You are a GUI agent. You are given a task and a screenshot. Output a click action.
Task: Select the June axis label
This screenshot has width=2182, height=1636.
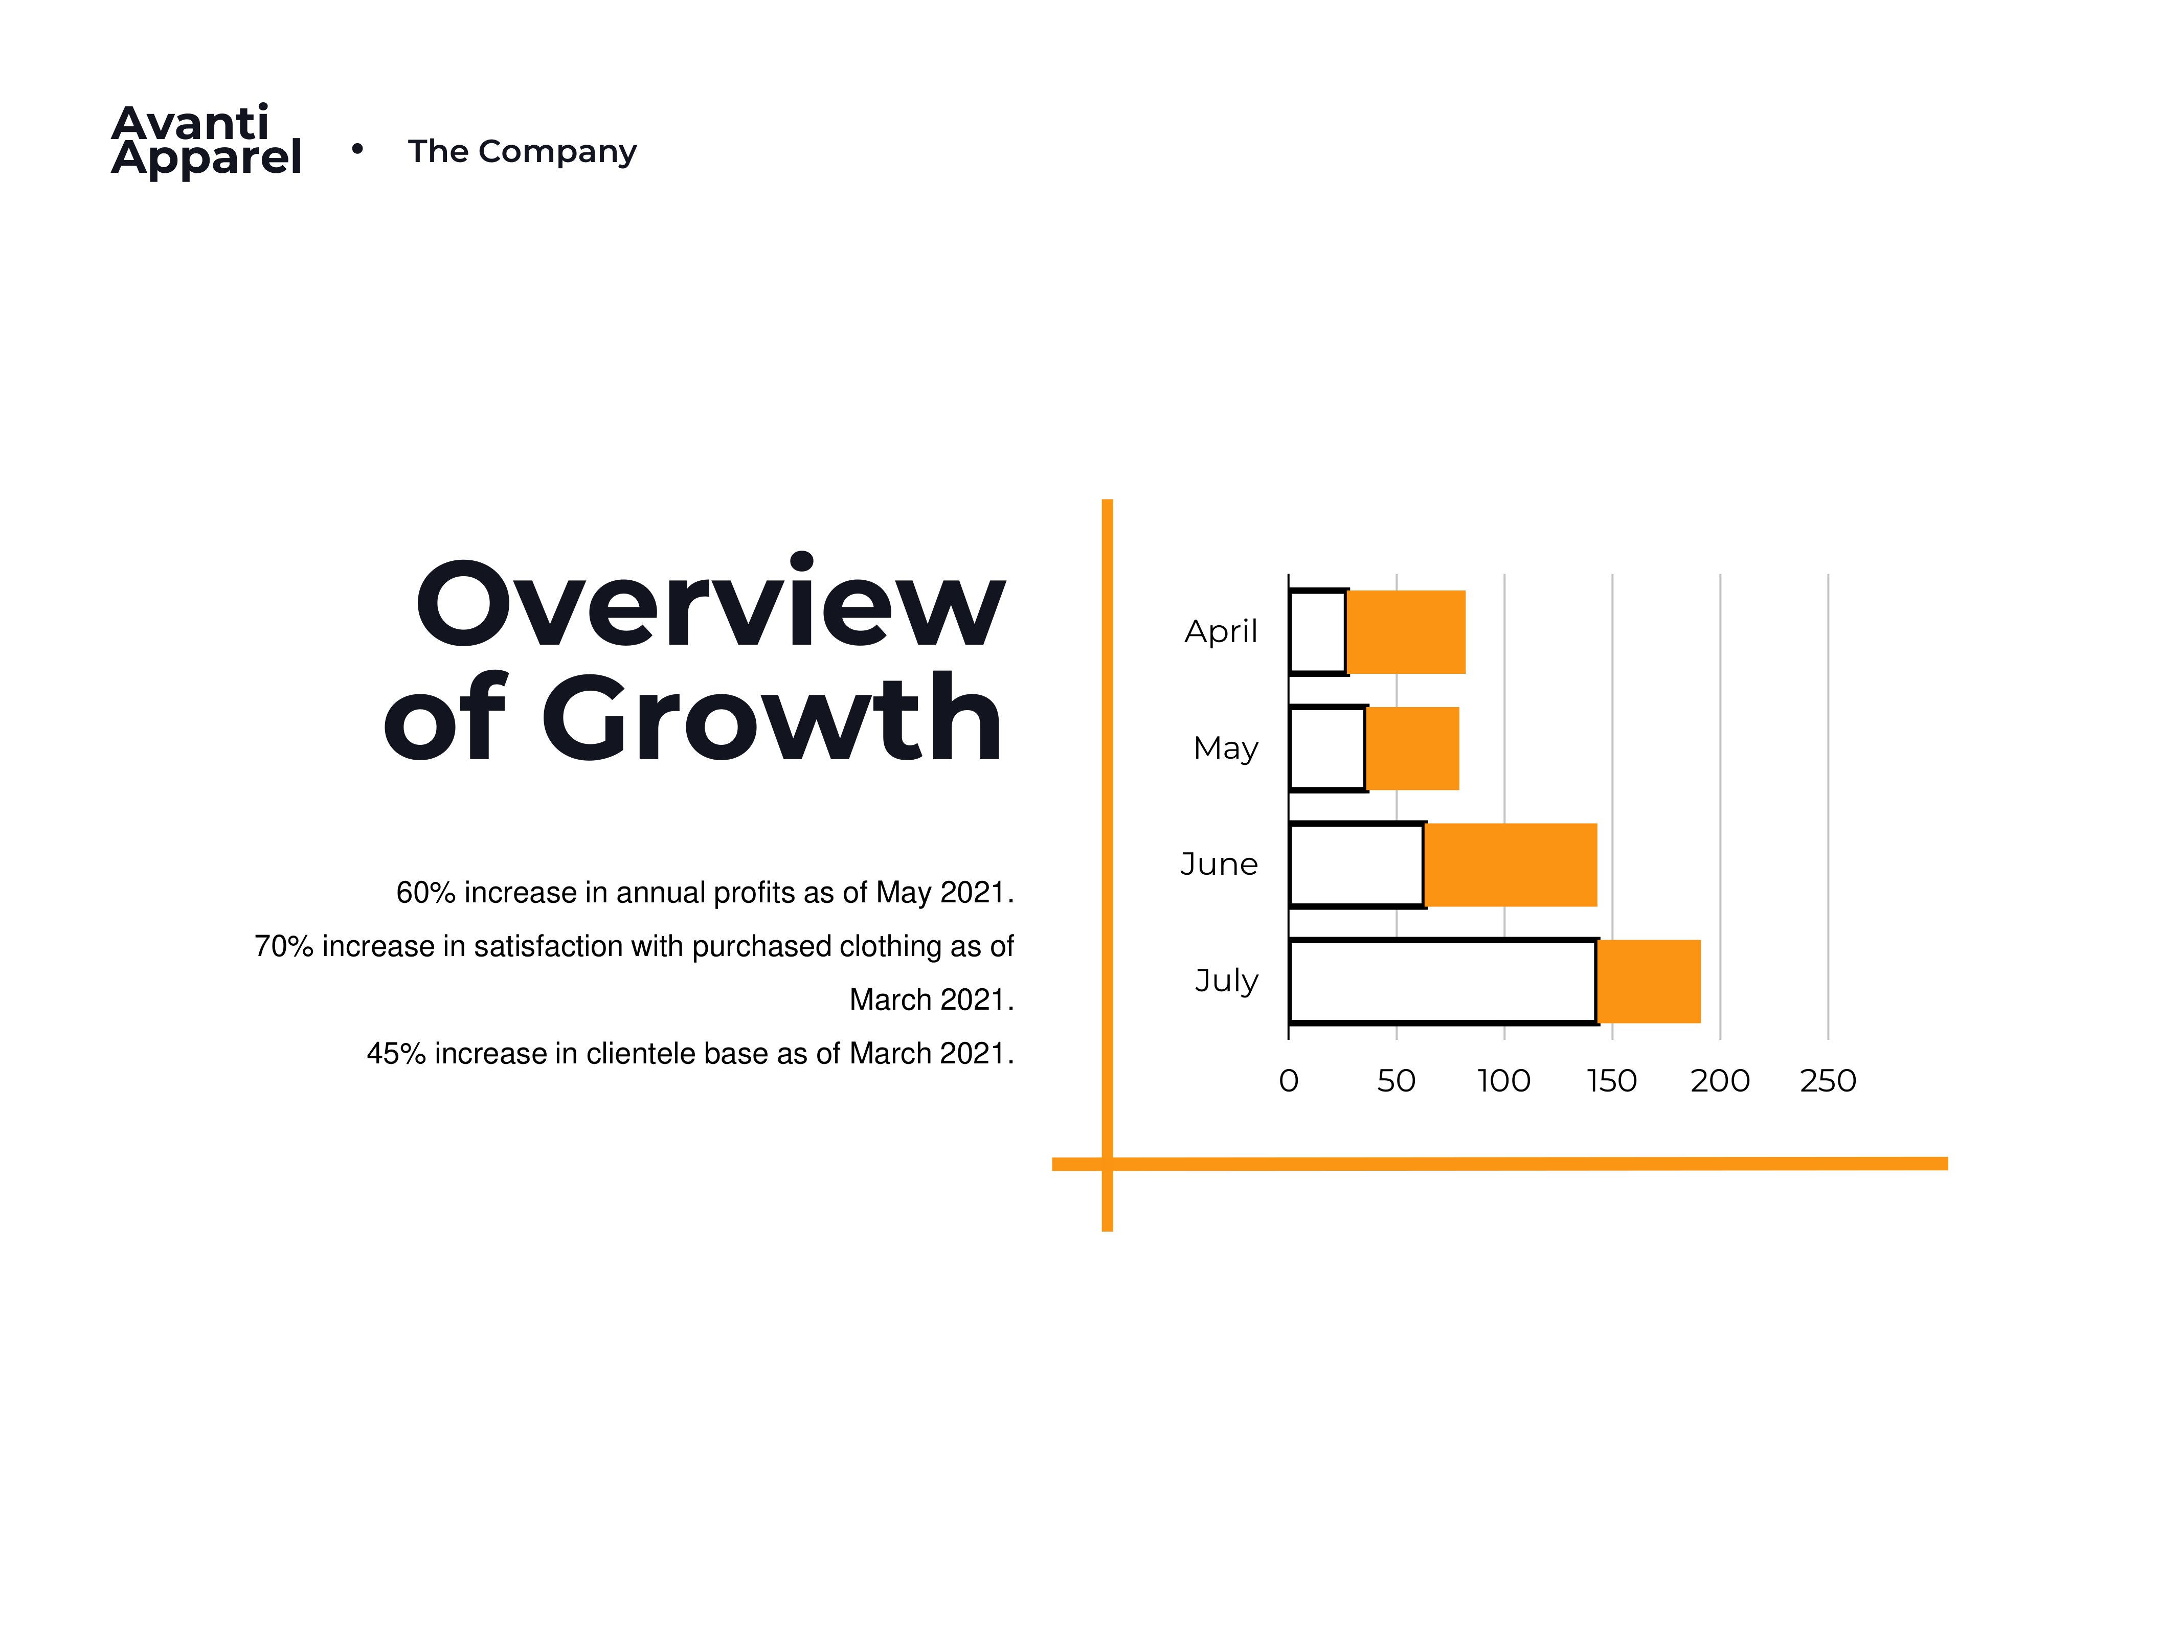coord(1219,864)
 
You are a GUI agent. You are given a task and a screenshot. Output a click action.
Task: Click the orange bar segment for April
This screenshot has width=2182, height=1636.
coord(1406,632)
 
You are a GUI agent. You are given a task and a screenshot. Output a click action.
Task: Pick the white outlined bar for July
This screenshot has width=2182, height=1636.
coord(1443,981)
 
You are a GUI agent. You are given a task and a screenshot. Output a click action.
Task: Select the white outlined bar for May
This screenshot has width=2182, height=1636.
coord(1328,748)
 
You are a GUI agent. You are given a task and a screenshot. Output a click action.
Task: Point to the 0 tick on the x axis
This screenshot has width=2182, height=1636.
coord(1288,1081)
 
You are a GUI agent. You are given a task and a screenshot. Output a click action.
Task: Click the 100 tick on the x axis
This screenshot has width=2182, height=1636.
coord(1504,1081)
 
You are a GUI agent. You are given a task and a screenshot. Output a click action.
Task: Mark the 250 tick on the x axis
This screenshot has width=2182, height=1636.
coord(1828,1081)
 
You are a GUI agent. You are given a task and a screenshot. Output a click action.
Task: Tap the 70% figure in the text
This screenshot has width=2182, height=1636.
coord(284,946)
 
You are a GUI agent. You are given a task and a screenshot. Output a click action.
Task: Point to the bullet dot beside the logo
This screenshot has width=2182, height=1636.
coord(357,149)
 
